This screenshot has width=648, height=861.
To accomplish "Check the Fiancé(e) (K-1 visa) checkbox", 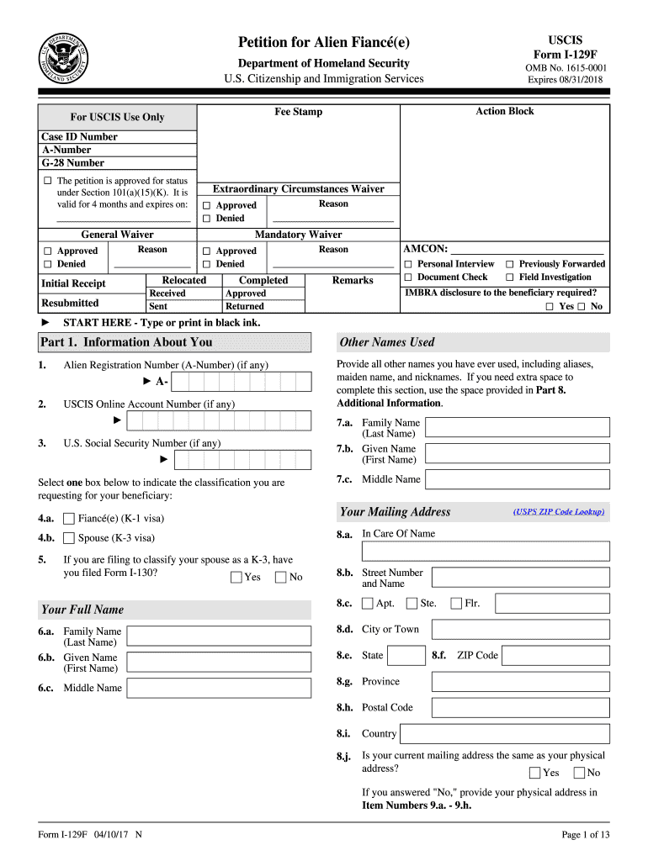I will [x=69, y=519].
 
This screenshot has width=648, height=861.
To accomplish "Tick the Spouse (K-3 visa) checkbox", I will [x=69, y=538].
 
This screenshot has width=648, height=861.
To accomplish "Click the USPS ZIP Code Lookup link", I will [x=559, y=511].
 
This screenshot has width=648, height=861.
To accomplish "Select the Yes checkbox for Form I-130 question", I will [x=236, y=577].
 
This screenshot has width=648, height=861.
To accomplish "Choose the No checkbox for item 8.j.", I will [x=579, y=773].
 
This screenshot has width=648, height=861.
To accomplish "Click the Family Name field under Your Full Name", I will [x=220, y=635].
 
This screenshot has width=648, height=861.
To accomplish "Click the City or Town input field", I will [x=518, y=629].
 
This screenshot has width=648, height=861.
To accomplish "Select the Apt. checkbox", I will [x=368, y=603].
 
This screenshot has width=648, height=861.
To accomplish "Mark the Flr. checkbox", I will [x=457, y=603].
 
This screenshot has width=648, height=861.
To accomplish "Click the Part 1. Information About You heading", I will [x=126, y=342].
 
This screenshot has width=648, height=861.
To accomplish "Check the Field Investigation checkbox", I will [x=509, y=277].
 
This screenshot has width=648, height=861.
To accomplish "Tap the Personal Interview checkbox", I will [x=408, y=264].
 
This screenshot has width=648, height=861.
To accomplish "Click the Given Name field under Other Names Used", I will [x=518, y=454].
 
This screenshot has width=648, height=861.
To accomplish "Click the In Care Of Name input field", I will [x=485, y=551].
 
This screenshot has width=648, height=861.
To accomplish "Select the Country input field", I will [x=518, y=733].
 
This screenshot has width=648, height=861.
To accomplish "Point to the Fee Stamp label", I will [x=298, y=112].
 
